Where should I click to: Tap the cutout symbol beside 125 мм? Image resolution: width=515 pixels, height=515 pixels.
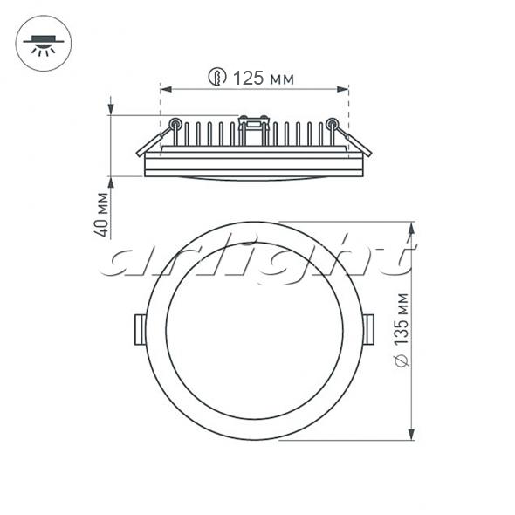point(217,77)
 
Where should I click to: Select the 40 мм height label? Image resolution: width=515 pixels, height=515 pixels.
point(101,214)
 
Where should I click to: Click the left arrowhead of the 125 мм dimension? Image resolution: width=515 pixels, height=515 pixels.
point(167,89)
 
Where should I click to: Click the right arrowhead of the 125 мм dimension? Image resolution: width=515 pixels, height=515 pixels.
point(342,89)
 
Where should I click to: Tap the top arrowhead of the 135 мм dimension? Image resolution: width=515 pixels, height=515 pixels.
point(411,229)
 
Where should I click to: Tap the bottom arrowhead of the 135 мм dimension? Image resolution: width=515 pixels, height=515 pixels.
point(411,434)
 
